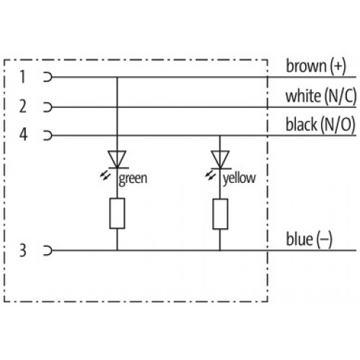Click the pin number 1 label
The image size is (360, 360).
coord(22,77)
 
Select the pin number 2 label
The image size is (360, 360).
coord(23,107)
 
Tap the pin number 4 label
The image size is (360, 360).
coord(23,135)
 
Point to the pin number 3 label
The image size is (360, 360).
coord(23,251)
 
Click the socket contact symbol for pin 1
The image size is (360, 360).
coord(48,77)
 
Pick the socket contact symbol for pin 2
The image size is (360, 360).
coord(48,107)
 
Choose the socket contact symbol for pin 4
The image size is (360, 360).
coord(48,135)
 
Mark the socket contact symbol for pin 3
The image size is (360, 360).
coord(48,251)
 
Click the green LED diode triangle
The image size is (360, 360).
coord(117,159)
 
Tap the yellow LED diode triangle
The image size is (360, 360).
coord(220,159)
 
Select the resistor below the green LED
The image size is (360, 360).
coord(117,213)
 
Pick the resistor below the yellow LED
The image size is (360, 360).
coord(220,214)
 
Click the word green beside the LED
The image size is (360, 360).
coord(133,179)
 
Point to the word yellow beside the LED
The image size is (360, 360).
coord(239,179)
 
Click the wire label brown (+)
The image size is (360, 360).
coord(316,66)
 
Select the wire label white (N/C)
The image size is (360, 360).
coord(320,96)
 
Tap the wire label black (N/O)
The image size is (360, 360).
coord(320,125)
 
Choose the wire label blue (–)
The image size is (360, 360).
coord(309,239)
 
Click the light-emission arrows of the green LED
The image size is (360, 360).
coord(105,176)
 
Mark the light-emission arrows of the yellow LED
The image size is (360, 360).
coord(210,175)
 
